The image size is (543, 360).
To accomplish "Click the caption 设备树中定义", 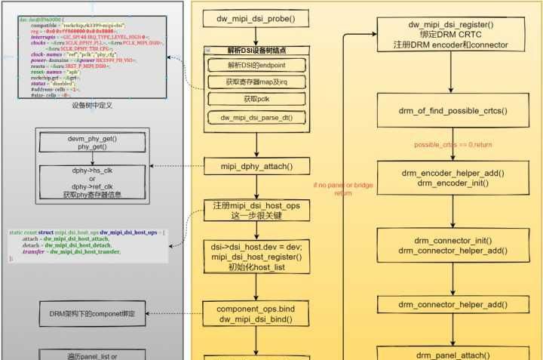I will click(92, 106).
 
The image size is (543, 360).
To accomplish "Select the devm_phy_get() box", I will click(92, 143).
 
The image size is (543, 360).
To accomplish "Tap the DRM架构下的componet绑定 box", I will click(92, 313).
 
